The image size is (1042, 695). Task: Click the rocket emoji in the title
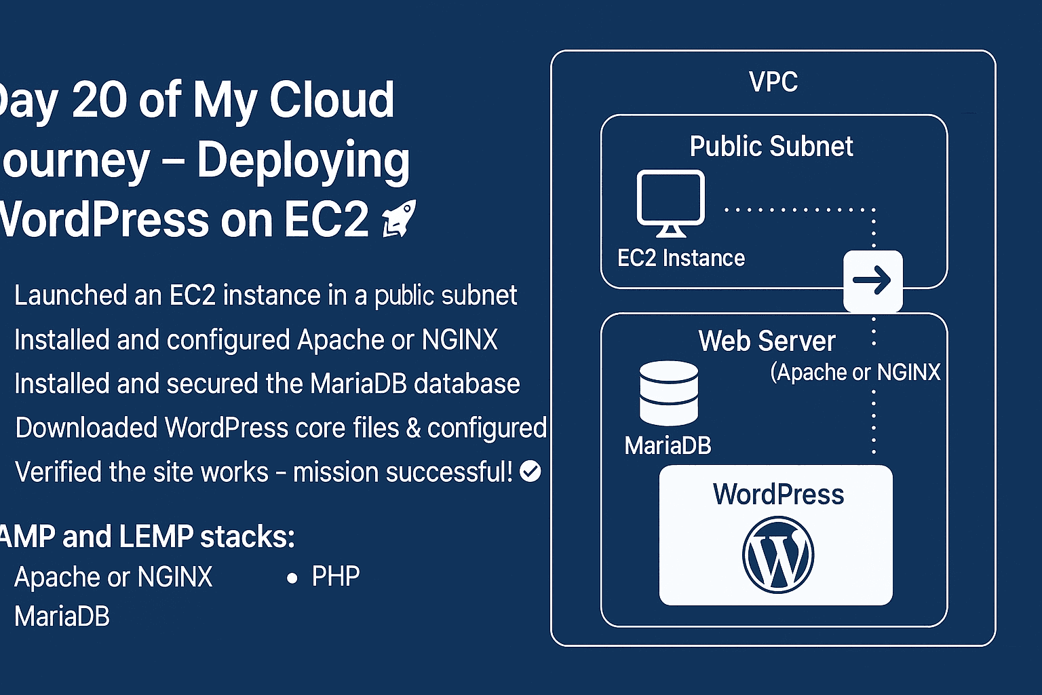400,219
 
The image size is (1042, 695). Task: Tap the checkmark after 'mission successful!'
530,471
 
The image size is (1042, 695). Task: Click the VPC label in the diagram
773,82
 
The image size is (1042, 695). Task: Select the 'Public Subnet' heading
771,147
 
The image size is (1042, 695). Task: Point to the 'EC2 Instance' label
681,258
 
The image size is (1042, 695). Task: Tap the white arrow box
872,280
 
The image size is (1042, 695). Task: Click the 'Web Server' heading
767,341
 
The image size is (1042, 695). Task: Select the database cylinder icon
669,393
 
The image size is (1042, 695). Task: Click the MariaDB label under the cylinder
668,446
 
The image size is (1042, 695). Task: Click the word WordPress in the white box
778,494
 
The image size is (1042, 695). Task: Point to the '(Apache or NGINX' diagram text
855,372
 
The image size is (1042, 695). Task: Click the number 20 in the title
99,100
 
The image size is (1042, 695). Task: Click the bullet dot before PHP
292,578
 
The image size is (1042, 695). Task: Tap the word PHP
335,577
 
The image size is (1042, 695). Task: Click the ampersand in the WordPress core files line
412,428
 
